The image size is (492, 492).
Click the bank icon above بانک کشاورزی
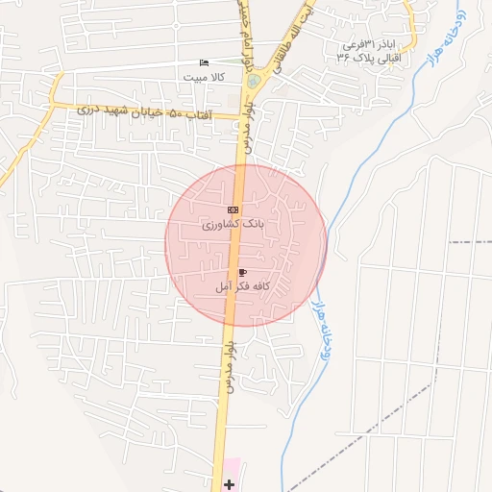click(233, 209)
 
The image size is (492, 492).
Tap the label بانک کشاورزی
click(233, 224)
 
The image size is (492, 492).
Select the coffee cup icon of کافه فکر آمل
click(241, 273)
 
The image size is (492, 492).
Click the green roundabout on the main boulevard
click(253, 82)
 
